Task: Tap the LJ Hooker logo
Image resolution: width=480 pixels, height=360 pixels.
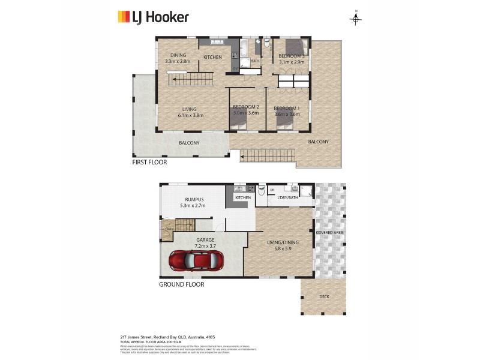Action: pos(153,17)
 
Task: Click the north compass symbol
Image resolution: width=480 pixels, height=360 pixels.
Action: pos(356,19)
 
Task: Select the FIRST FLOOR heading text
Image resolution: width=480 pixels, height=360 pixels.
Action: pos(149,162)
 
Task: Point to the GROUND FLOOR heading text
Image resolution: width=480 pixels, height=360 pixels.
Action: pos(181,284)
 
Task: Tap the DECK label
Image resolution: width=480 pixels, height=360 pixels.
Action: pos(324,296)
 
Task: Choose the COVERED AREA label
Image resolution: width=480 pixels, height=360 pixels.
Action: pos(329,232)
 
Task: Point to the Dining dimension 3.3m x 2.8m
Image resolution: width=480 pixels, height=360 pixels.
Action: pos(177,61)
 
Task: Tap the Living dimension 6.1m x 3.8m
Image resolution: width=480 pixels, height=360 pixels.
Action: pos(190,115)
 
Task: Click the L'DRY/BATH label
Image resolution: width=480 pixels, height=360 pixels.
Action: pos(287,197)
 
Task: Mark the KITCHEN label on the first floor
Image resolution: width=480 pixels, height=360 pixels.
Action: pos(212,57)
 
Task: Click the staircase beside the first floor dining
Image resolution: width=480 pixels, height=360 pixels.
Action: pos(190,79)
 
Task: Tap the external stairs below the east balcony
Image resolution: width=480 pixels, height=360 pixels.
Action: pos(268,156)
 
